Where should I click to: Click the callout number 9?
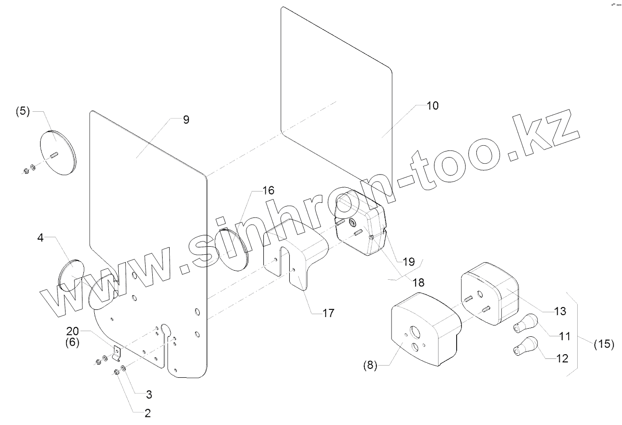186,120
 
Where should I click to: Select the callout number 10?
432,106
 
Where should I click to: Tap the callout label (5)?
23,112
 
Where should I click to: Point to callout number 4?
41,238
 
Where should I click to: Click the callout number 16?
268,191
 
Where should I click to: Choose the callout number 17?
328,312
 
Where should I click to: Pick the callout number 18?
418,283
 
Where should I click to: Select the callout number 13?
560,311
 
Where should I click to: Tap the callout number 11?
564,336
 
